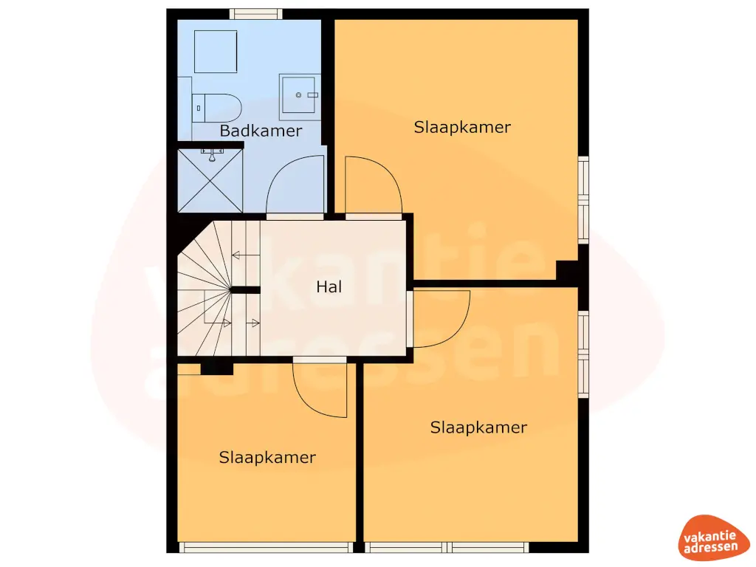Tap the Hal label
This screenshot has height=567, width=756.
click(329, 287)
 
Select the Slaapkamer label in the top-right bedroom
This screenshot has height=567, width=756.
click(462, 127)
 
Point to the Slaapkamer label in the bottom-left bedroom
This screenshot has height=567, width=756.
click(267, 458)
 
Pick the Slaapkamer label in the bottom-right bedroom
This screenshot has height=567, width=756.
click(478, 427)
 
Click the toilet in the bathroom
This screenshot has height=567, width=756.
click(217, 108)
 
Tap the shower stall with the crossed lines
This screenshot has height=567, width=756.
click(210, 181)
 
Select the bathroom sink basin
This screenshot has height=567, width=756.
click(300, 96)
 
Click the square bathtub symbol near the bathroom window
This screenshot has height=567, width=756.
click(215, 52)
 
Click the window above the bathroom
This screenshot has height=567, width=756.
click(255, 13)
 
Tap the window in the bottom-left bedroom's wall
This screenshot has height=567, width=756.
click(267, 547)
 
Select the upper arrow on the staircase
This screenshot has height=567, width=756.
click(237, 255)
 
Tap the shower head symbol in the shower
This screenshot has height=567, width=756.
click(212, 154)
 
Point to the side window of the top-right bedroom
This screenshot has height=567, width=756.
click(583, 199)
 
